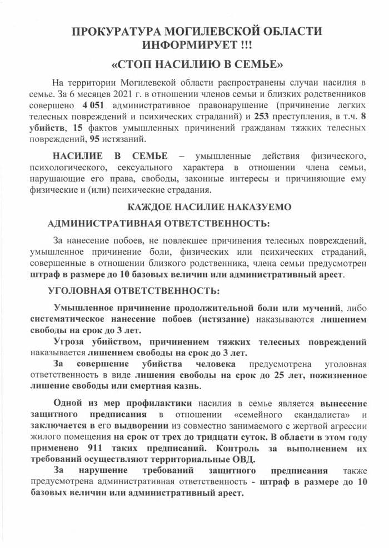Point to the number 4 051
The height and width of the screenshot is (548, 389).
pos(94,105)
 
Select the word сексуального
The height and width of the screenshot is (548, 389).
pos(144,167)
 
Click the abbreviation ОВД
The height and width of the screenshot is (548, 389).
pos(245,459)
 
